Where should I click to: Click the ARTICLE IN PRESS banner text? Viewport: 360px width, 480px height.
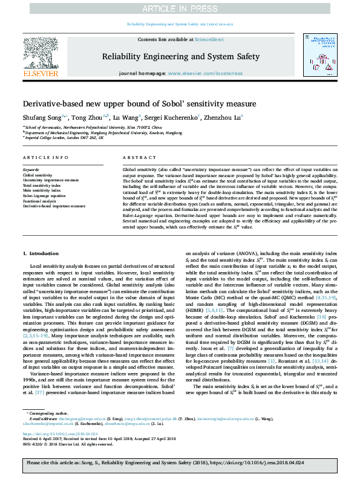[180, 8]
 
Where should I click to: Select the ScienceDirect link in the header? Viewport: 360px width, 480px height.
[205, 39]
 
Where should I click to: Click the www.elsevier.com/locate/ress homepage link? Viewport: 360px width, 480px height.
[206, 73]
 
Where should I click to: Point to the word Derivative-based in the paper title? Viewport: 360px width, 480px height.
[54, 104]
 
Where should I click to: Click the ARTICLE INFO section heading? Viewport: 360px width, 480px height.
[45, 157]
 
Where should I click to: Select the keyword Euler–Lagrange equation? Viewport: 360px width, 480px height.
[44, 196]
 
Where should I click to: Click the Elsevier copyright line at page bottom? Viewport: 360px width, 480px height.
[61, 444]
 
